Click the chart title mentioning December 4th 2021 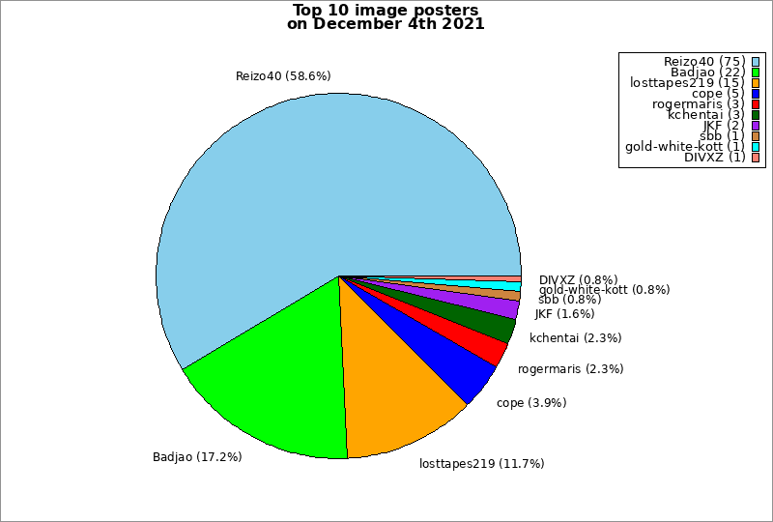pyautogui.click(x=386, y=17)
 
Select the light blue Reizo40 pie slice pyautogui.click(x=319, y=184)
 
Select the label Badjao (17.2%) pyautogui.click(x=197, y=456)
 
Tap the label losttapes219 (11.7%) pyautogui.click(x=481, y=463)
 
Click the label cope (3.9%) pyautogui.click(x=530, y=402)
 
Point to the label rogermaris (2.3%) pyautogui.click(x=570, y=368)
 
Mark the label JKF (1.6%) pyautogui.click(x=564, y=313)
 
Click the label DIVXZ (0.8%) pyautogui.click(x=578, y=280)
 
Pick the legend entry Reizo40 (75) pyautogui.click(x=704, y=62)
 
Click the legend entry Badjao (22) pyautogui.click(x=707, y=72)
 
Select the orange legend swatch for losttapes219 pyautogui.click(x=756, y=83)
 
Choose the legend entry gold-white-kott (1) pyautogui.click(x=685, y=147)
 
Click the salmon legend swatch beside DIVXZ pyautogui.click(x=756, y=158)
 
